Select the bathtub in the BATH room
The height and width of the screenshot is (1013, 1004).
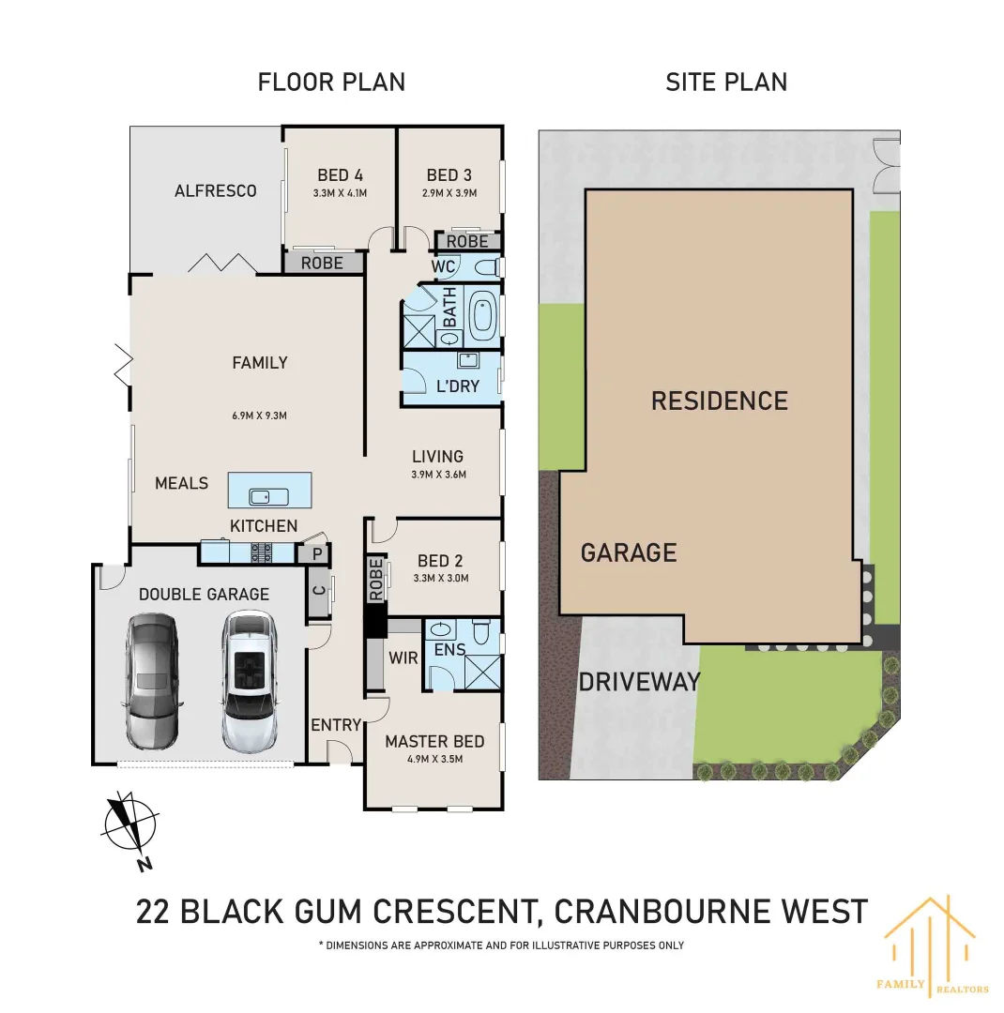[482, 317]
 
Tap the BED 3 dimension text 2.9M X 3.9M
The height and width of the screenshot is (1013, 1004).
[449, 193]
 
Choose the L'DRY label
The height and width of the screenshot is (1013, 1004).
[458, 386]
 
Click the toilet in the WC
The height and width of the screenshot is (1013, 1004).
[484, 267]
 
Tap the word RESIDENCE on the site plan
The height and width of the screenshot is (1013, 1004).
[719, 401]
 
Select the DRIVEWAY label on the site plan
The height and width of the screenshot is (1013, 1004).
[639, 682]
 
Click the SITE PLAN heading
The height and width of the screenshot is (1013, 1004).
[725, 82]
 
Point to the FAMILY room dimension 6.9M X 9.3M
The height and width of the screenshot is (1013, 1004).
[260, 416]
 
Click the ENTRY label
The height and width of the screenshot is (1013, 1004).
[335, 724]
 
